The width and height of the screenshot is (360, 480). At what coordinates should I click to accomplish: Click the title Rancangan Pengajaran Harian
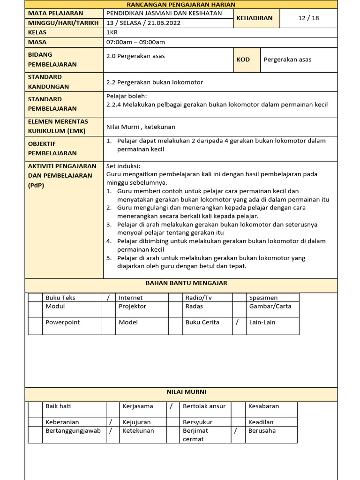(x=181, y=4)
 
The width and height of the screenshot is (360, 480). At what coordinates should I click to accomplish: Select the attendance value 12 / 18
(x=308, y=18)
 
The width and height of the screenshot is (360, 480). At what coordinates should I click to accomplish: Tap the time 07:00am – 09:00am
(x=135, y=42)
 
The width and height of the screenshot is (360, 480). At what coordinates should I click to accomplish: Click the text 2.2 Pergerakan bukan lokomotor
(x=155, y=82)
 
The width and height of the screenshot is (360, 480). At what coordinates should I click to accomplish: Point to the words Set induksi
(x=123, y=166)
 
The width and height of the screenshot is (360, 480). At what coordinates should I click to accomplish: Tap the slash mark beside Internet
(x=108, y=298)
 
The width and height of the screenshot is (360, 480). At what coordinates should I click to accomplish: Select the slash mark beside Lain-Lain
(x=238, y=322)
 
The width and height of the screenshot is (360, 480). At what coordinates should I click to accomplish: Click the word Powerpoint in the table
(x=63, y=322)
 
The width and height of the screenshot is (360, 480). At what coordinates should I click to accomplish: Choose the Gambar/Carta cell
(x=270, y=306)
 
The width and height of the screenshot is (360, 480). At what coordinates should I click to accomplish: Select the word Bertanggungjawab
(x=73, y=431)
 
